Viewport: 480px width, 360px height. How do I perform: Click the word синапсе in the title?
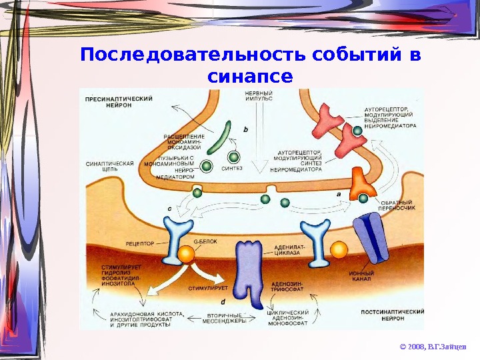click(x=250, y=76)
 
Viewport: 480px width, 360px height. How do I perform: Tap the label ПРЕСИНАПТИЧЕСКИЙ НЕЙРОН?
click(x=119, y=102)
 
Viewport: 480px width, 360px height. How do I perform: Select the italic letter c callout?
click(x=169, y=209)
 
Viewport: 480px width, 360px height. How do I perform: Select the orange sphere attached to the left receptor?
click(x=186, y=253)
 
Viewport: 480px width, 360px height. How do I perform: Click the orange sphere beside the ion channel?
click(x=339, y=249)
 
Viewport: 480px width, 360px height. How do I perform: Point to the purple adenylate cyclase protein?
click(x=251, y=267)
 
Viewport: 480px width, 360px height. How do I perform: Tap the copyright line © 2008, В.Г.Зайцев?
click(x=432, y=347)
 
